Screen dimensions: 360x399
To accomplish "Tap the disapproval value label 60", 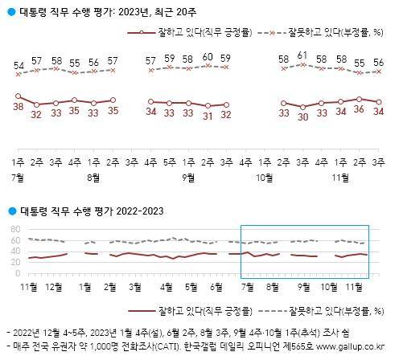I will click(206, 57).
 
